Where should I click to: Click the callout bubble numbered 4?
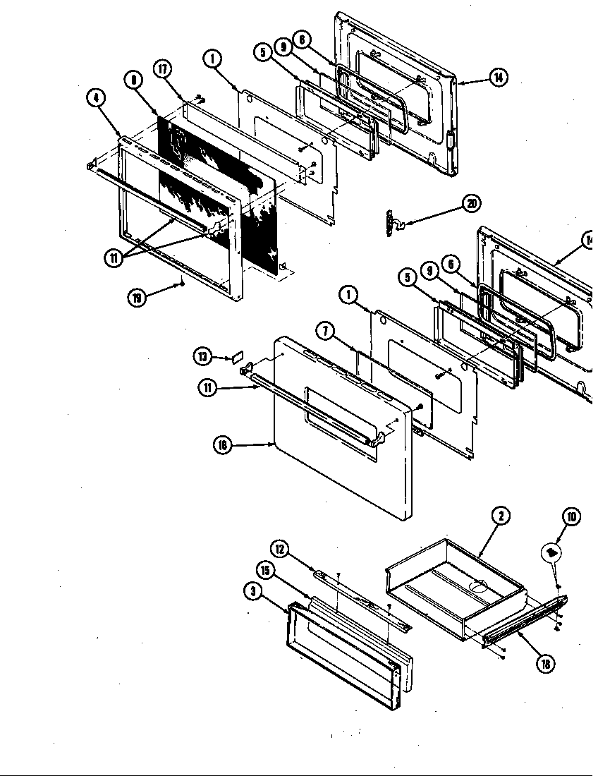[95, 98]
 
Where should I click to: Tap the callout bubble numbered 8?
[133, 81]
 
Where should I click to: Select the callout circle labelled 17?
[163, 70]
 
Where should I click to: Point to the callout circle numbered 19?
[137, 298]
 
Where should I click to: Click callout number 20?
[472, 204]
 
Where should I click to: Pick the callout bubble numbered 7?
[324, 330]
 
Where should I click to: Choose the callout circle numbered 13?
[202, 357]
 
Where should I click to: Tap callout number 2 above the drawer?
[500, 516]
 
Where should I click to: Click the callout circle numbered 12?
[280, 548]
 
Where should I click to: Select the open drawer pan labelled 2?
[455, 578]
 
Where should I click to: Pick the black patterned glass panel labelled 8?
[212, 190]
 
